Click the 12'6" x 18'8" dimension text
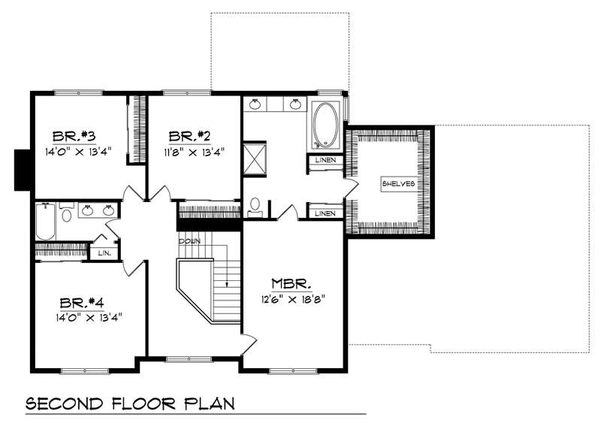click(x=291, y=298)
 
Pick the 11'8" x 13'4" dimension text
click(x=194, y=150)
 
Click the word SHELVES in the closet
click(x=397, y=183)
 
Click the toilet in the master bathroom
click(x=255, y=205)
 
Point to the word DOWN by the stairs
click(x=189, y=241)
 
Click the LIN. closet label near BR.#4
click(x=104, y=253)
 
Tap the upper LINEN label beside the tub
click(x=325, y=161)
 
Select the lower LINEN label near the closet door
click(x=325, y=213)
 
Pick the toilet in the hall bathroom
click(x=66, y=216)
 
